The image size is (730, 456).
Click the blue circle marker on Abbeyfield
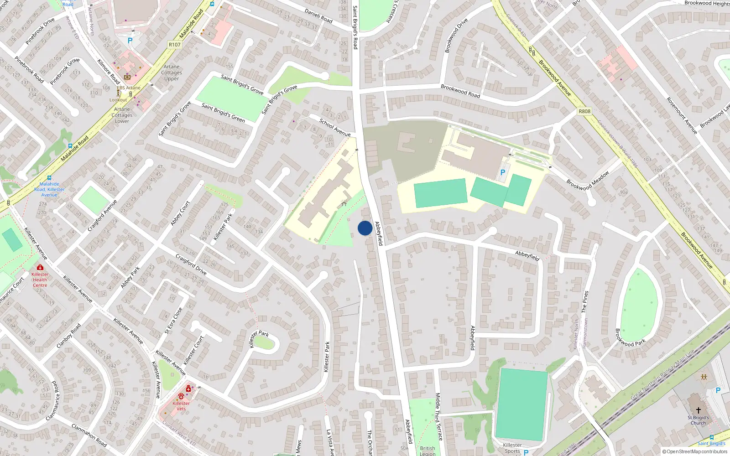click(365, 228)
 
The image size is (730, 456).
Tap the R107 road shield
click(174, 45)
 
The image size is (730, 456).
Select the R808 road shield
click(584, 111)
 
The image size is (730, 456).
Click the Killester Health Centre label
click(40, 280)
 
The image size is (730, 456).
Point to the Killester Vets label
click(181, 406)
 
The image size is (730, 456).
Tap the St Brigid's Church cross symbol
click(698, 410)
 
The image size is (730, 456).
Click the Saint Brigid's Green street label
click(223, 113)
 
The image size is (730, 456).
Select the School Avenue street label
click(335, 128)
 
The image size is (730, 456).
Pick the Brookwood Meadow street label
click(588, 181)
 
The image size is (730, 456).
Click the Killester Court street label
click(193, 350)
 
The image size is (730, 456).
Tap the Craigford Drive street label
click(191, 265)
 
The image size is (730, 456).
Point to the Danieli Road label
click(318, 16)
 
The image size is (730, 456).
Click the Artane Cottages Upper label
click(172, 73)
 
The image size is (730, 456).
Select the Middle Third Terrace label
click(438, 416)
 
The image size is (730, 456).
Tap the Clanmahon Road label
click(89, 435)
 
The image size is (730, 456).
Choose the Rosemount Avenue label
click(682, 115)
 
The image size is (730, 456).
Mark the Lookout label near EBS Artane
click(118, 100)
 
